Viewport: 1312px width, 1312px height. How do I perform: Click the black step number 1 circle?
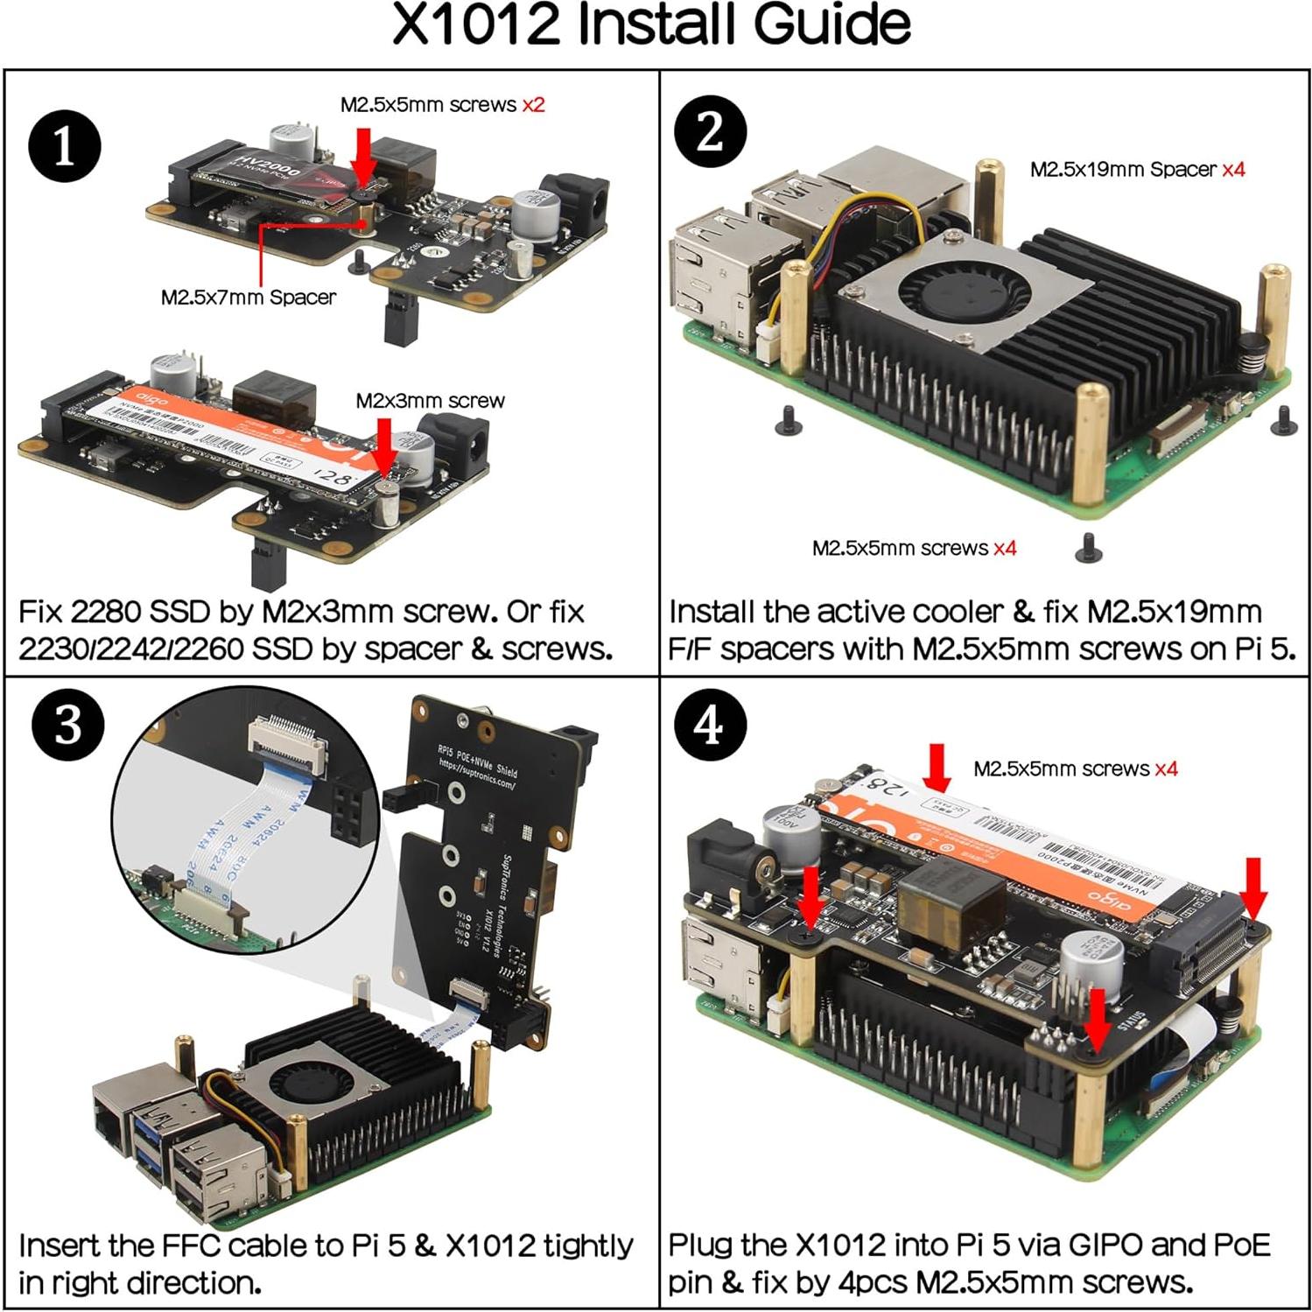[x=65, y=146]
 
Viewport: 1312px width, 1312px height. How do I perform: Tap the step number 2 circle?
[x=710, y=132]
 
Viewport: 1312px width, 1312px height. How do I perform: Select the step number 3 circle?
[x=67, y=726]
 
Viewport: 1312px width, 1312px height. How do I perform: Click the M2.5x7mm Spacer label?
[x=248, y=298]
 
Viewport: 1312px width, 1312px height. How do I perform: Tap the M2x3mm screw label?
[x=430, y=401]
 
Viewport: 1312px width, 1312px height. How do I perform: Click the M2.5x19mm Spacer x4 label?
[x=1136, y=170]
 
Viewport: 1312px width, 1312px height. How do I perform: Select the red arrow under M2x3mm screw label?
[x=384, y=446]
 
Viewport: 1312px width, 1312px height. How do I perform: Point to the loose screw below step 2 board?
[x=1088, y=548]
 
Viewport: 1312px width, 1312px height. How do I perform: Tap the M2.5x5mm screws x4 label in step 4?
[x=1075, y=769]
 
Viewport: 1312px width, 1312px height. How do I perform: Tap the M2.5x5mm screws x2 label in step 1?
[x=442, y=105]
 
